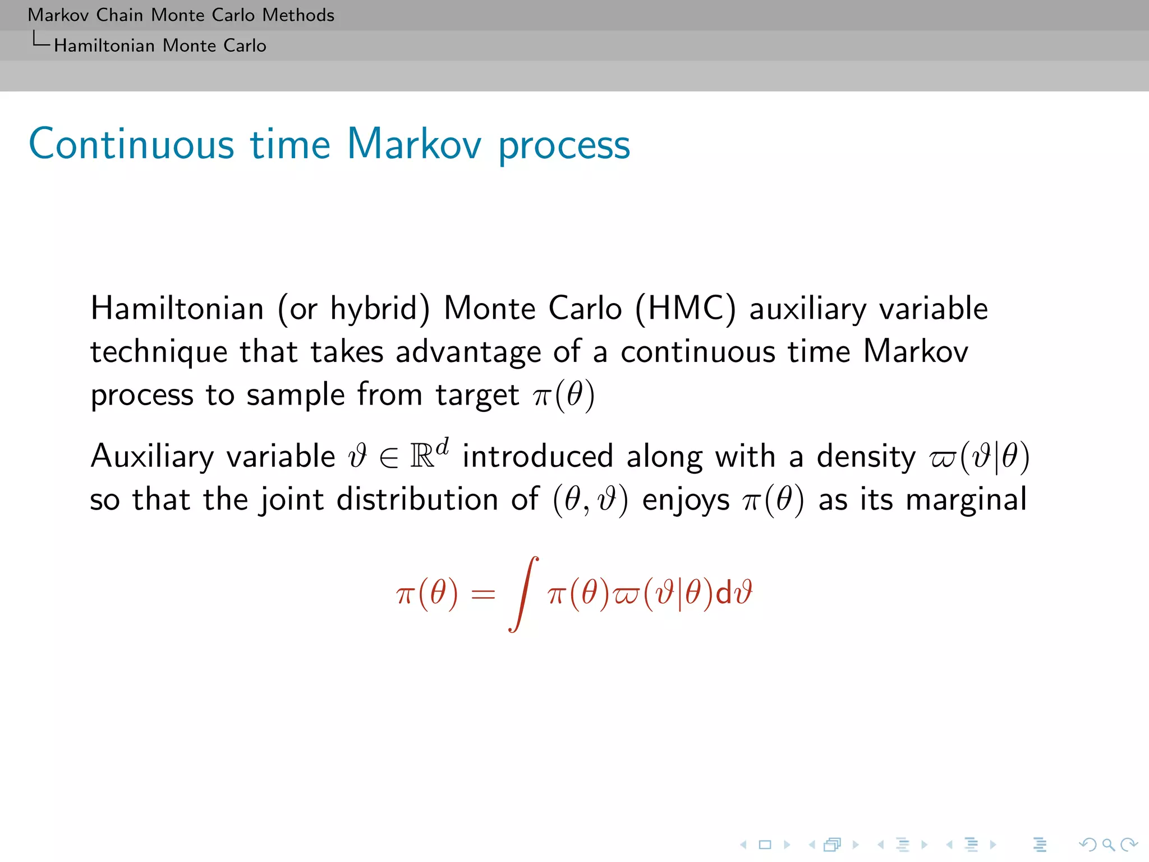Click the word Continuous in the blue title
pos(131,144)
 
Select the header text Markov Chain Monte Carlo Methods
pos(181,15)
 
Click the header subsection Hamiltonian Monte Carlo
pos(160,45)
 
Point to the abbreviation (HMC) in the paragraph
pos(685,309)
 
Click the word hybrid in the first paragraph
pos(379,309)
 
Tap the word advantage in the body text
pos(468,352)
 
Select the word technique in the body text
pos(159,352)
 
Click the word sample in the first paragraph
pos(296,395)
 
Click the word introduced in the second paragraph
pos(537,456)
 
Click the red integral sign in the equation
pos(524,594)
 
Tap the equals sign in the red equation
pos(483,594)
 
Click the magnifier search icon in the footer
pos(1108,844)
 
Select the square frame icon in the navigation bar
pos(765,844)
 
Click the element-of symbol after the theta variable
pos(388,457)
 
